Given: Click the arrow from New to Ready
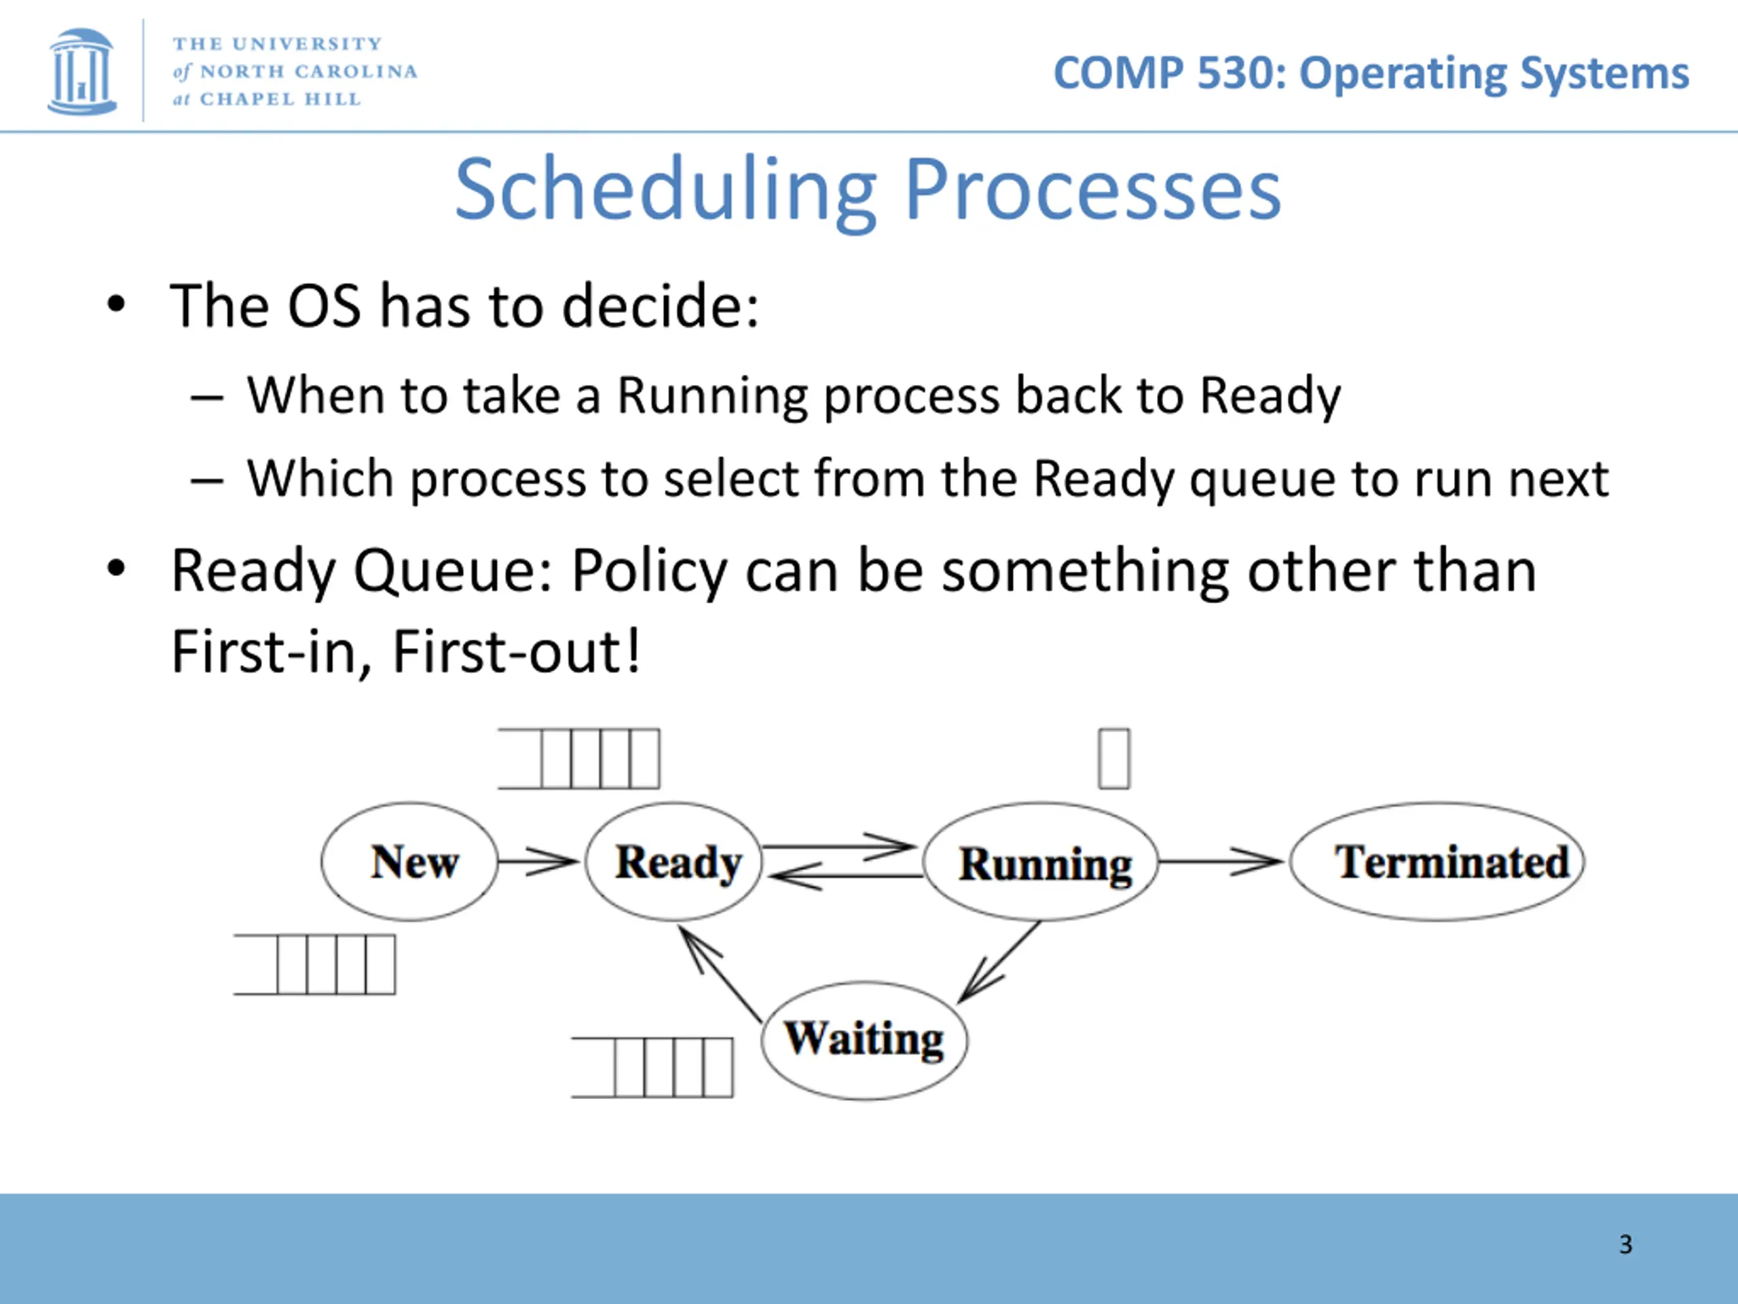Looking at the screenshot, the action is pyautogui.click(x=538, y=861).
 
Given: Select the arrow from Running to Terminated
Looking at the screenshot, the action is pyautogui.click(x=1222, y=861).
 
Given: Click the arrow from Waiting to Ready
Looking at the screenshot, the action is pyautogui.click(x=720, y=974).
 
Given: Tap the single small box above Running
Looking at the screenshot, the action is pyautogui.click(x=1114, y=759).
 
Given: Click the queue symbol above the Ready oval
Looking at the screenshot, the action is pyautogui.click(x=579, y=759).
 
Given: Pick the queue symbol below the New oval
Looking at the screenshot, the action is pyautogui.click(x=314, y=964).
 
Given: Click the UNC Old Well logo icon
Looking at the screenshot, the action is pyautogui.click(x=81, y=71).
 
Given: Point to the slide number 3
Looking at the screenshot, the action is pyautogui.click(x=1626, y=1244).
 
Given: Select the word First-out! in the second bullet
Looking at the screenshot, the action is pyautogui.click(x=516, y=651).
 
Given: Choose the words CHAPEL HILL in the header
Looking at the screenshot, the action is pyautogui.click(x=280, y=99).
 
